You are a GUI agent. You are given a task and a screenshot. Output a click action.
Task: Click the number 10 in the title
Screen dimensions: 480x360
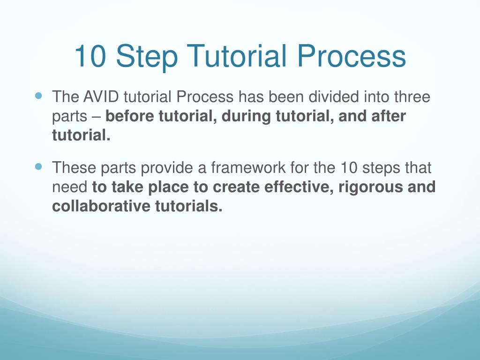pos(90,56)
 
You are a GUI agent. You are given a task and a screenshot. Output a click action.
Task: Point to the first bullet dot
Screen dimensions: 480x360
pos(38,96)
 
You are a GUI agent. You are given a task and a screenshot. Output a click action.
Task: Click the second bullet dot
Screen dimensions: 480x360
pos(38,167)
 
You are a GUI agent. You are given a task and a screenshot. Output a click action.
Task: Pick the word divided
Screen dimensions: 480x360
pos(333,97)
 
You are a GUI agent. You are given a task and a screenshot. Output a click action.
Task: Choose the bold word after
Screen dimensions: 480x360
pos(389,116)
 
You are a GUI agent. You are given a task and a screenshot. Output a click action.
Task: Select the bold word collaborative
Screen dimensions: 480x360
pos(101,206)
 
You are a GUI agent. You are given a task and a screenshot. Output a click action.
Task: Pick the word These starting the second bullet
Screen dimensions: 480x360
pos(74,167)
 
